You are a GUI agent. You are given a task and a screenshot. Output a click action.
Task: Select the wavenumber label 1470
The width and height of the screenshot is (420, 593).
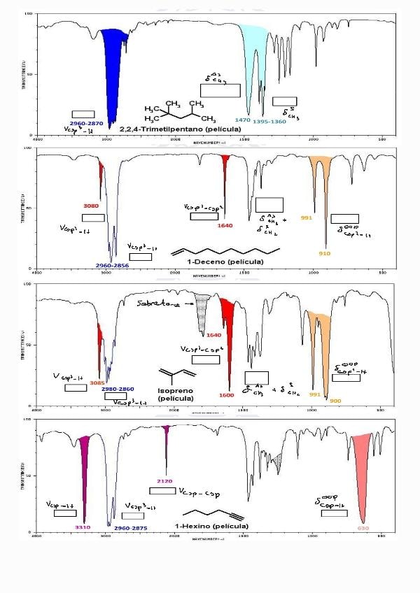(x=243, y=120)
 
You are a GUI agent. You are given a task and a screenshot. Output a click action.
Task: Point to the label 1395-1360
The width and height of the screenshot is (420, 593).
(x=269, y=121)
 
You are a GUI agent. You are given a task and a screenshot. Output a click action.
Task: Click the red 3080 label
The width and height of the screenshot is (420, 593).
(x=91, y=206)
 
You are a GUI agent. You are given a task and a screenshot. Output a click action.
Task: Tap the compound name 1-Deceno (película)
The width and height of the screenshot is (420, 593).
(x=225, y=261)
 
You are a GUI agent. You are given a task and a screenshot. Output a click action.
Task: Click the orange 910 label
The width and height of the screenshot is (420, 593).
(x=325, y=252)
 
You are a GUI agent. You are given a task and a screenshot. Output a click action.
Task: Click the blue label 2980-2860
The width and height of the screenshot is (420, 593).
(x=118, y=389)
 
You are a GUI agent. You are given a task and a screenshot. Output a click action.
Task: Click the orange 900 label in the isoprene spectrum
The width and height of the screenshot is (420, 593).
(x=335, y=401)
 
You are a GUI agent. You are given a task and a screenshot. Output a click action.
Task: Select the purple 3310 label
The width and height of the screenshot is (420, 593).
(x=83, y=527)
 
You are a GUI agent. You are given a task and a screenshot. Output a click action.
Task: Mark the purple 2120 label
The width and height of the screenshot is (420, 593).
(x=165, y=481)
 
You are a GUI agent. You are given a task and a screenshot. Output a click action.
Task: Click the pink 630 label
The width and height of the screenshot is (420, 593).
(x=363, y=528)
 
